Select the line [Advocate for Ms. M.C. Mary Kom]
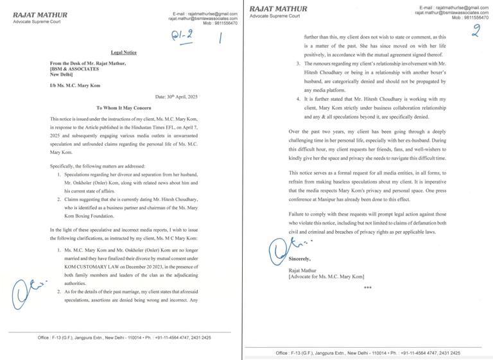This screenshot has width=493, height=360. click(327, 277)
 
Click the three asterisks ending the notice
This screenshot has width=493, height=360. click(367, 288)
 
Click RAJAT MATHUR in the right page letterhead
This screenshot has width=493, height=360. click(278, 8)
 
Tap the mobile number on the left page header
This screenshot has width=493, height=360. click(221, 23)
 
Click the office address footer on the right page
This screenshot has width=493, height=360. click(368, 353)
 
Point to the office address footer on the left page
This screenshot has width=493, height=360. click(124, 338)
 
